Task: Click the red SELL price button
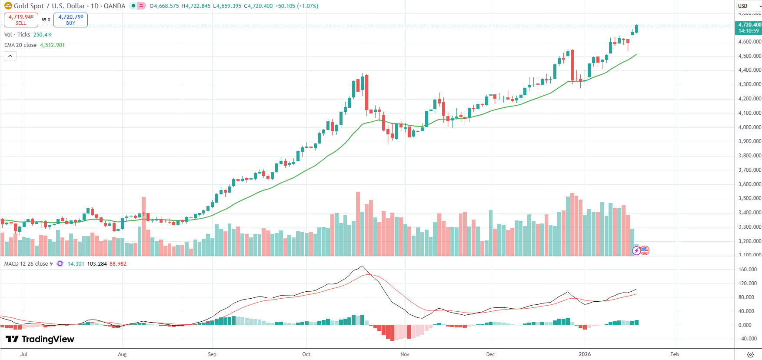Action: [21, 20]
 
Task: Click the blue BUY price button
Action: [70, 20]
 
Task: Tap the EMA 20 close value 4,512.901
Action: [52, 45]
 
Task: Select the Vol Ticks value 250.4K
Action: [42, 35]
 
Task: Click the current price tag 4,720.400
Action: [749, 25]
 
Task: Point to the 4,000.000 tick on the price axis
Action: [749, 127]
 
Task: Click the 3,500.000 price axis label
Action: [749, 198]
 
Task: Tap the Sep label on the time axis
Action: [212, 354]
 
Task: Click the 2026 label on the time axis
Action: [585, 354]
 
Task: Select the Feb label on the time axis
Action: [674, 354]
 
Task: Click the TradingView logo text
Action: [40, 339]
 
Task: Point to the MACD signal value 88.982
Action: [118, 264]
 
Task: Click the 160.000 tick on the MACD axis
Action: [748, 270]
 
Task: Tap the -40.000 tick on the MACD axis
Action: [748, 339]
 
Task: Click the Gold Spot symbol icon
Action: [8, 6]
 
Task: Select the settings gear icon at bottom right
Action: [750, 354]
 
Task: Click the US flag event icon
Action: [645, 250]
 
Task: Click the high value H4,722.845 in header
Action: [196, 6]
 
